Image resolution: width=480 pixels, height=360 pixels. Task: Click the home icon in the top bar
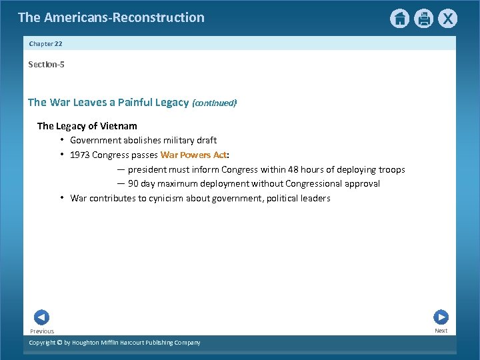(x=399, y=19)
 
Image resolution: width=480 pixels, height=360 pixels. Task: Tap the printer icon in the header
(x=423, y=19)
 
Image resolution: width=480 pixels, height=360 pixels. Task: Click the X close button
(x=447, y=19)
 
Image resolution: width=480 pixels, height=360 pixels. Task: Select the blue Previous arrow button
(x=41, y=317)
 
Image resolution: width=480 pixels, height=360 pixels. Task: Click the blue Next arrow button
(x=441, y=317)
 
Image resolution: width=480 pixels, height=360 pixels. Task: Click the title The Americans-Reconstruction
(x=111, y=17)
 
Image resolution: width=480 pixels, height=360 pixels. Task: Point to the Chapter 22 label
(x=45, y=43)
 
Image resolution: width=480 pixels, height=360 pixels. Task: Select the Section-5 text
(x=46, y=65)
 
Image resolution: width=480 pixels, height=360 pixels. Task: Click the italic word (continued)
(x=214, y=103)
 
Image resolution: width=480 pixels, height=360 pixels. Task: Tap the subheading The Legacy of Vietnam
(x=87, y=126)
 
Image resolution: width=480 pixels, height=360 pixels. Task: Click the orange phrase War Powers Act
(x=193, y=155)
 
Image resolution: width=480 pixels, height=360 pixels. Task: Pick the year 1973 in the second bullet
(x=80, y=155)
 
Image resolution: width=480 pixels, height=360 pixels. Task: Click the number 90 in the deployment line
(x=133, y=184)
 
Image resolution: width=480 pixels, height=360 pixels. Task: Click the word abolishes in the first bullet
(x=142, y=141)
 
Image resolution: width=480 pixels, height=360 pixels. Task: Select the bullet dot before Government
(x=61, y=140)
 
